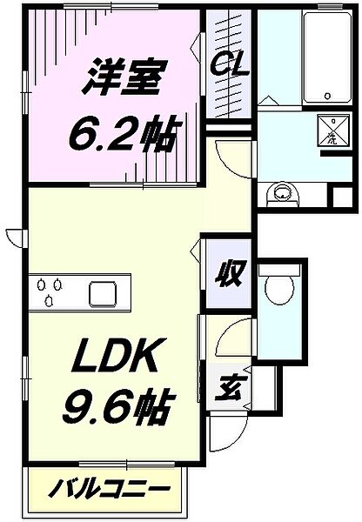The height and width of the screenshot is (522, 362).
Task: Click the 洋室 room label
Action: pyautogui.click(x=124, y=77)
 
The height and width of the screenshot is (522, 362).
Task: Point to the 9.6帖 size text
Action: pyautogui.click(x=119, y=405)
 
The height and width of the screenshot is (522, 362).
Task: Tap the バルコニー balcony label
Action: pyautogui.click(x=109, y=489)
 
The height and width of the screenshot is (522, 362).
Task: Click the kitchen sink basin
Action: pyautogui.click(x=103, y=294)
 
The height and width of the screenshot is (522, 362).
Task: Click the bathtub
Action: pyautogui.click(x=327, y=57)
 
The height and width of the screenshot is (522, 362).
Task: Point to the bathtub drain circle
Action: pyautogui.click(x=328, y=96)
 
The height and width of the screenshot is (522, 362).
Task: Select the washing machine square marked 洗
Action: pyautogui.click(x=333, y=130)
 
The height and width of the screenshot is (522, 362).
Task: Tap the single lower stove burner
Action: pyautogui.click(x=49, y=301)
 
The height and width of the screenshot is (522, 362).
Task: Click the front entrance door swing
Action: pyautogui.click(x=228, y=431)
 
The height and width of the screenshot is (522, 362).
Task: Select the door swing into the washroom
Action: pyautogui.click(x=236, y=159)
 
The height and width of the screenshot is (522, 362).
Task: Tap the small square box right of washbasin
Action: pyautogui.click(x=342, y=197)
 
